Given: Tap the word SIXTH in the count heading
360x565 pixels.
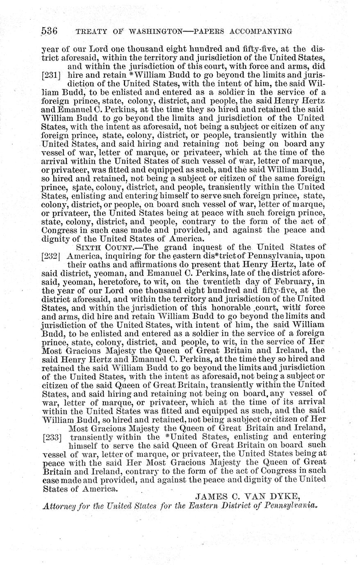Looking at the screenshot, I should (x=87, y=247).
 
